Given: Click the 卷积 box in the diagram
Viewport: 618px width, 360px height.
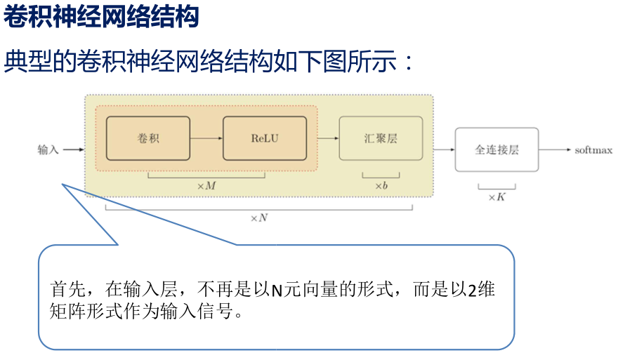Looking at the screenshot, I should coord(148,138).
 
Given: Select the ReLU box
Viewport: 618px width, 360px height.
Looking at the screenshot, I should coord(265,138).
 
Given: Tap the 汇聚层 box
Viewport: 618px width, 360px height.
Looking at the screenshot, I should coord(381,138).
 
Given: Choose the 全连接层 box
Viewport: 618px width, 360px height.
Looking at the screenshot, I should coord(497,149).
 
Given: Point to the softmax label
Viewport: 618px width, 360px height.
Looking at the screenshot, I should coord(593,149).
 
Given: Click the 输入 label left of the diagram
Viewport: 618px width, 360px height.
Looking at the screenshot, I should coord(48,149).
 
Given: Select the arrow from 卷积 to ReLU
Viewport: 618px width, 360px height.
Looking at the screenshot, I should coord(206,138).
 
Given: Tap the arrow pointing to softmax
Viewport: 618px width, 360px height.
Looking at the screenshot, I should coord(555,149).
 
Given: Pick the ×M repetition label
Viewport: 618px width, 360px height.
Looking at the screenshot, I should coord(206,186).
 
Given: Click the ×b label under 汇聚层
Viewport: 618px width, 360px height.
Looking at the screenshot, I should coord(381,186).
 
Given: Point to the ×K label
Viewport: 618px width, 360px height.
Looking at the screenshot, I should coord(497,198).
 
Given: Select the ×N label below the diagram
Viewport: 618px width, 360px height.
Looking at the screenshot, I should coord(259,218).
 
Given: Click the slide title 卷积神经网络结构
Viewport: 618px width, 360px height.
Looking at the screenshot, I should coord(102,17).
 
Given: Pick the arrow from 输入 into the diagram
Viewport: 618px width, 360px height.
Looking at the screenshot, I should coord(73,149).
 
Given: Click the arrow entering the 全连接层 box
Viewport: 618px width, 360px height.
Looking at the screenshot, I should coord(444,149).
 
